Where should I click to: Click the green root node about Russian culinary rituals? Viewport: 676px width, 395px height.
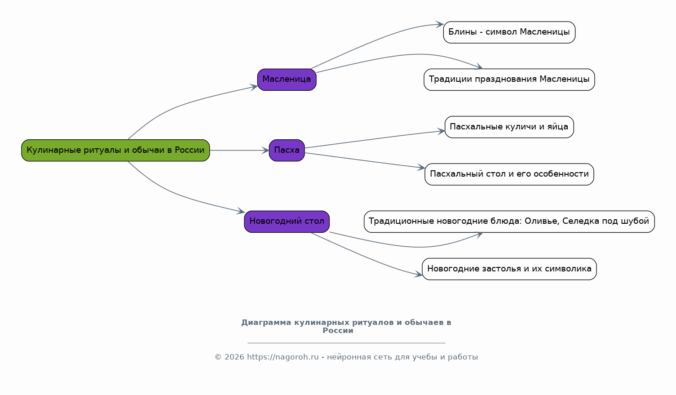115,151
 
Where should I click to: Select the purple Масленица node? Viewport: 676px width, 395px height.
287,80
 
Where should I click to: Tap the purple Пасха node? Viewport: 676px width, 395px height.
287,151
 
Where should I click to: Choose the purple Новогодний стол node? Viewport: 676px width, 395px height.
287,222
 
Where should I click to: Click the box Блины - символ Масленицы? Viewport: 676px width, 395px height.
509,32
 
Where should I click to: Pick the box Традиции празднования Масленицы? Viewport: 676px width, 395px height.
509,80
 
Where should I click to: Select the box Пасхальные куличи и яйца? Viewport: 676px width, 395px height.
509,127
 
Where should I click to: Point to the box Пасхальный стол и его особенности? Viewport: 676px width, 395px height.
509,174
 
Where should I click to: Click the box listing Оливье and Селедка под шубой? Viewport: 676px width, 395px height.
509,222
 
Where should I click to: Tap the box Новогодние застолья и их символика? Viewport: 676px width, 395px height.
509,269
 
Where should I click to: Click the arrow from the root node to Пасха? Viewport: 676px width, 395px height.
239,151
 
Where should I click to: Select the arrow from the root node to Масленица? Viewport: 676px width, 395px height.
181,104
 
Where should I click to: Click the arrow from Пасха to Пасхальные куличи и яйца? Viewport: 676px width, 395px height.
375,139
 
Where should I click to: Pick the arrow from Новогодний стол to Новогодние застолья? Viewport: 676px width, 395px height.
365,257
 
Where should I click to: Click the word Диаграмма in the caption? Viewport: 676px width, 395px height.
266,323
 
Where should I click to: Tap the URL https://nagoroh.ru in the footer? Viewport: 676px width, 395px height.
283,357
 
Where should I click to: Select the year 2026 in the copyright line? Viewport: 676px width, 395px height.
234,357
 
